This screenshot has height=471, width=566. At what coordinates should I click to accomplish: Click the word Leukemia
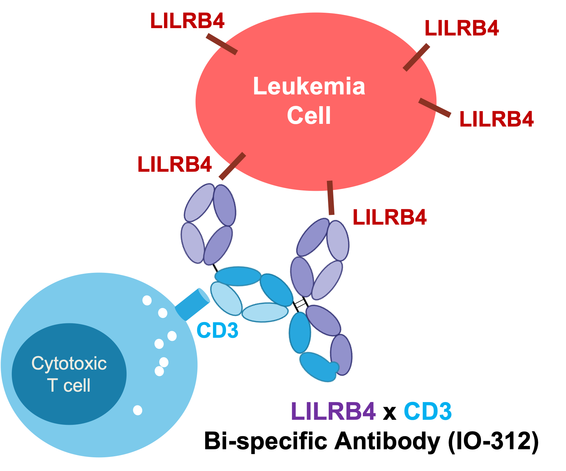pyautogui.click(x=309, y=86)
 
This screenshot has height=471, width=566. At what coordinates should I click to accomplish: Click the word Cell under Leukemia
pyautogui.click(x=309, y=115)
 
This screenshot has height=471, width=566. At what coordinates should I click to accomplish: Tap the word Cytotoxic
pyautogui.click(x=69, y=364)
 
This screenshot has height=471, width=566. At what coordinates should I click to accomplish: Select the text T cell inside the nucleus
pyautogui.click(x=69, y=385)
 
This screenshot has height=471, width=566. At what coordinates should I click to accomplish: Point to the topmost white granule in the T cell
pyautogui.click(x=147, y=300)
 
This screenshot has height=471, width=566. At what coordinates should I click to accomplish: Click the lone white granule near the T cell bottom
pyautogui.click(x=138, y=410)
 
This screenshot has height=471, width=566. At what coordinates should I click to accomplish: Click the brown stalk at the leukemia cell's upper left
pyautogui.click(x=223, y=44)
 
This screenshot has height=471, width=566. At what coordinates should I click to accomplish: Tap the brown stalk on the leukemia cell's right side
pyautogui.click(x=433, y=107)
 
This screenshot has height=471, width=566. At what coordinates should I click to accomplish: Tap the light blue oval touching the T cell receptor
pyautogui.click(x=226, y=298)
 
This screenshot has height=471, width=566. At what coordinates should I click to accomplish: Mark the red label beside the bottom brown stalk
pyautogui.click(x=390, y=220)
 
